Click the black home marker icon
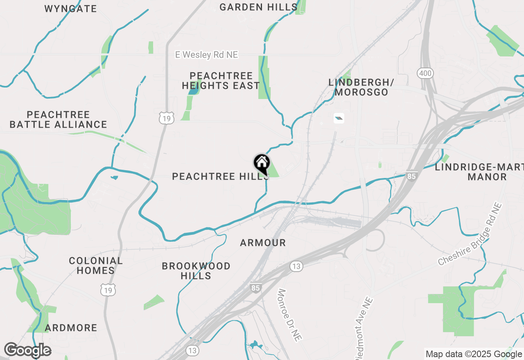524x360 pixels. (262, 164)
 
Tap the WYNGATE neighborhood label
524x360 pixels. (70, 9)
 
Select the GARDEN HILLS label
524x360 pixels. (258, 7)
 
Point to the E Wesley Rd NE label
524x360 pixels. (206, 54)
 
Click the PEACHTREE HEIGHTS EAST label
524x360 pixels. (221, 81)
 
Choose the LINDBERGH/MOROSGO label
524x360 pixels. (361, 87)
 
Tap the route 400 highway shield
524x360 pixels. (425, 74)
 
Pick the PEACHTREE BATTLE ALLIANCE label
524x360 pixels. (58, 119)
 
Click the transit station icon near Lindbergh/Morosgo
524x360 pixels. (339, 119)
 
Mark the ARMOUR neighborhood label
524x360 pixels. (263, 243)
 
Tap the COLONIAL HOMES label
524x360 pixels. (96, 265)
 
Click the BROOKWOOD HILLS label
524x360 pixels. (196, 271)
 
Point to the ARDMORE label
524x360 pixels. (71, 328)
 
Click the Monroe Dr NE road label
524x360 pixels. (290, 315)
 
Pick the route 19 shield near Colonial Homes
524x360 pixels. (108, 290)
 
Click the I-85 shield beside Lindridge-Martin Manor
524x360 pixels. (412, 176)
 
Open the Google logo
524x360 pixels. (28, 351)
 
